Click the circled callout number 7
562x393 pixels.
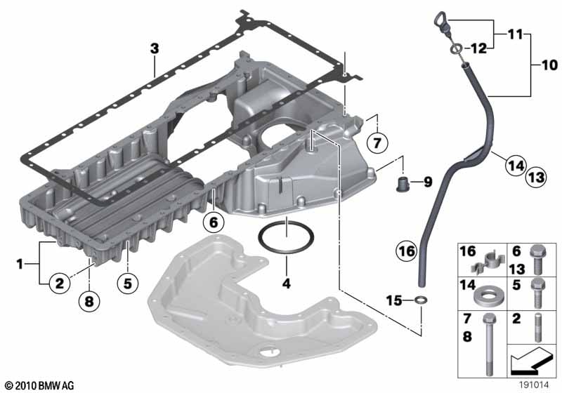(x=377, y=142)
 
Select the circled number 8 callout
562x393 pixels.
(x=89, y=300)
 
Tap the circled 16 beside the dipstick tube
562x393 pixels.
(x=407, y=251)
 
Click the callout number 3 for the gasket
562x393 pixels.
(x=155, y=48)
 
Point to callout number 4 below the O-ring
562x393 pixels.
(x=287, y=284)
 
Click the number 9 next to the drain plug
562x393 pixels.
(x=428, y=182)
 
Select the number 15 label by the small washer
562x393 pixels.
(x=394, y=300)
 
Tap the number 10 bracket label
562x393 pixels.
(x=550, y=65)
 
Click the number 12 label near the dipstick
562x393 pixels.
(x=479, y=48)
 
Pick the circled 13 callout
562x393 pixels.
(x=537, y=177)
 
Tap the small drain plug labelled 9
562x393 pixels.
(x=403, y=183)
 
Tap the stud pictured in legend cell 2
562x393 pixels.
(x=538, y=328)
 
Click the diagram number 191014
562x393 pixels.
(x=534, y=385)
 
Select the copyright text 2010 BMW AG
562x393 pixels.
(x=40, y=385)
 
